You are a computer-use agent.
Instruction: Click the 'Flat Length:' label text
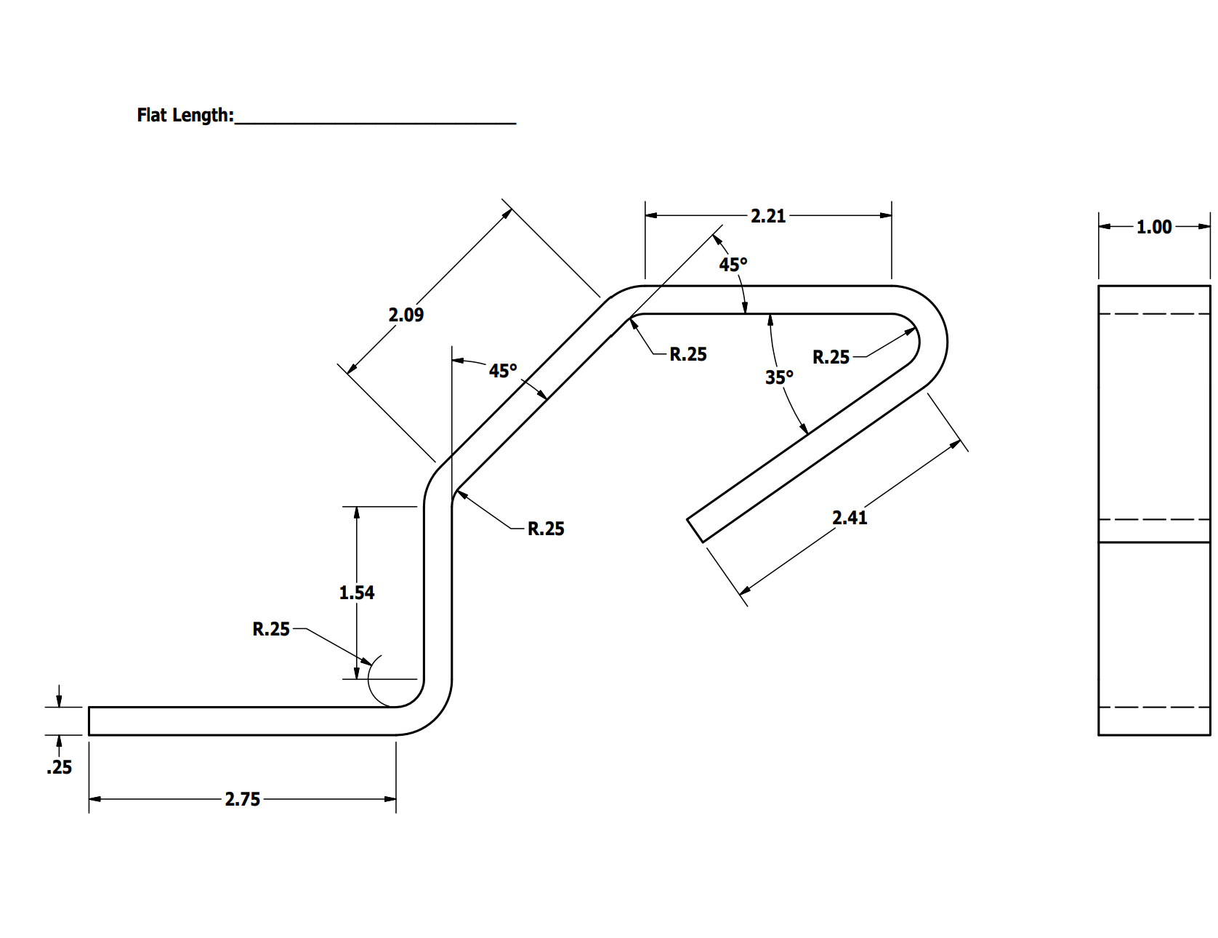(185, 116)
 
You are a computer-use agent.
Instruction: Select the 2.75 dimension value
(242, 799)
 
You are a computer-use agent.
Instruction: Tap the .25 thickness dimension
(60, 767)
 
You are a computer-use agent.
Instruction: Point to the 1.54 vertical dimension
(356, 593)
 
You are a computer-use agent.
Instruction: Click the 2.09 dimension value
(406, 315)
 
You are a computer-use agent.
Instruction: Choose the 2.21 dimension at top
(768, 216)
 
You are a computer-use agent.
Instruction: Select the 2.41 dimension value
(849, 518)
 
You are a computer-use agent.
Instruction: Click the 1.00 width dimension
(1154, 227)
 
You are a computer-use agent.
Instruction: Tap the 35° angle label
(779, 377)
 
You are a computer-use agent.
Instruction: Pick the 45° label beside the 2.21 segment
(733, 265)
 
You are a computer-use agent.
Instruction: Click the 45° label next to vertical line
(503, 371)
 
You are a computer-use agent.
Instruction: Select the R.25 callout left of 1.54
(271, 629)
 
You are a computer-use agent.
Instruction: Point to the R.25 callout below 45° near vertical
(546, 529)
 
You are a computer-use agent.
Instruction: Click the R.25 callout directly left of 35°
(687, 354)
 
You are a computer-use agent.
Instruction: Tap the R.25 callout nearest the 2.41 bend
(831, 357)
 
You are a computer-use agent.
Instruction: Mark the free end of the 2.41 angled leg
(695, 530)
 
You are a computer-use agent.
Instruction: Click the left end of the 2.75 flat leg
(89, 721)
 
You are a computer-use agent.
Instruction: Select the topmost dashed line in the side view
(1154, 313)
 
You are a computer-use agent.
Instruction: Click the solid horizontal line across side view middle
(1154, 542)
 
